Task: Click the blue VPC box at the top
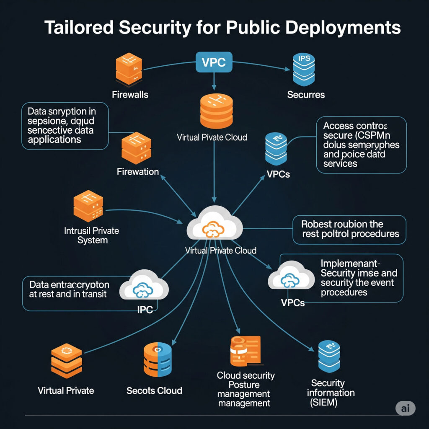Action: pyautogui.click(x=214, y=62)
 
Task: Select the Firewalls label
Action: pyautogui.click(x=130, y=94)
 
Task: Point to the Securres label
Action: pyautogui.click(x=306, y=94)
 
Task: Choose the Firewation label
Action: pyautogui.click(x=138, y=171)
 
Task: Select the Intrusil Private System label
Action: pyautogui.click(x=92, y=235)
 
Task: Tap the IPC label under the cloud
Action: pyautogui.click(x=145, y=310)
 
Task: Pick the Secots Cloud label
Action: pyautogui.click(x=154, y=390)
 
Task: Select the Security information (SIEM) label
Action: pyautogui.click(x=331, y=393)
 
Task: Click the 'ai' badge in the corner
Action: pyautogui.click(x=406, y=408)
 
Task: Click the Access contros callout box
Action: pyautogui.click(x=361, y=144)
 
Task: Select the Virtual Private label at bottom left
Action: pyautogui.click(x=66, y=390)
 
